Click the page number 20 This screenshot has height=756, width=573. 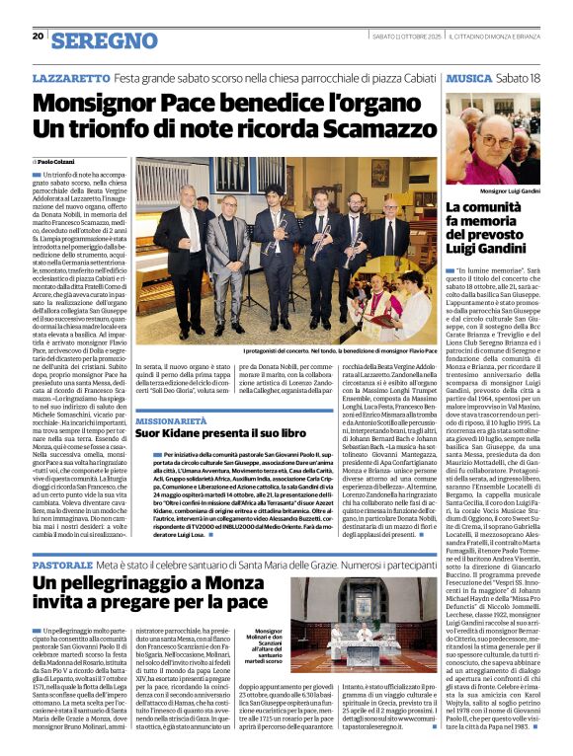click(38, 36)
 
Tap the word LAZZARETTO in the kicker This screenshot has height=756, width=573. click(70, 77)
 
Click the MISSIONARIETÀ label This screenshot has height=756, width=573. click(172, 419)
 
